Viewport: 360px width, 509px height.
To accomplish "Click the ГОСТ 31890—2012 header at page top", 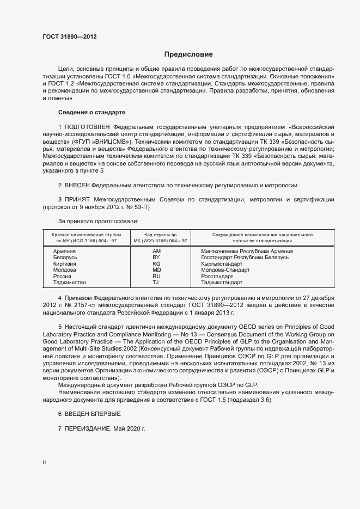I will pos(70,37).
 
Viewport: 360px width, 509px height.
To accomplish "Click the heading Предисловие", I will pos(188,54).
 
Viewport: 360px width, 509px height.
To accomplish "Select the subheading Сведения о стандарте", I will pos(91,112).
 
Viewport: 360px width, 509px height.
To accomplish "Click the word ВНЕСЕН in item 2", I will pos(77,185).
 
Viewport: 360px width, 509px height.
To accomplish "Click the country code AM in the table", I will pos(156,252).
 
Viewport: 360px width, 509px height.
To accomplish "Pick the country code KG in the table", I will pos(156,263).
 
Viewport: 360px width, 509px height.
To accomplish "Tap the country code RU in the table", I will pos(156,277).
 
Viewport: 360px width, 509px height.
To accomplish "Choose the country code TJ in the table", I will pos(156,283).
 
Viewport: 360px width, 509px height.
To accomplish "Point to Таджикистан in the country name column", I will pos(70,283).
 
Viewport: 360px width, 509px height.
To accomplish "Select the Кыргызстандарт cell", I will pos(222,263).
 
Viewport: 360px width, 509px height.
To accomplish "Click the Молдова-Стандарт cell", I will pos(225,270).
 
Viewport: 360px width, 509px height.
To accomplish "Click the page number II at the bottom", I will pos(44,462).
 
